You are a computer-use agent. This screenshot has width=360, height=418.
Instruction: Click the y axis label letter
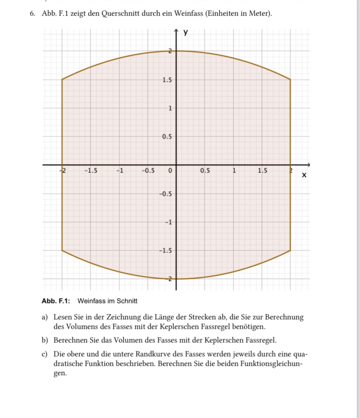tap(186, 32)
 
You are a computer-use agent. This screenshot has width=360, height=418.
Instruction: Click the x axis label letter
tap(304, 175)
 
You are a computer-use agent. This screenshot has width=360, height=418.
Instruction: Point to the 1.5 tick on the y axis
tap(166, 80)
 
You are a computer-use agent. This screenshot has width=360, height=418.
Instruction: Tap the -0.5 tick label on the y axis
tap(165, 194)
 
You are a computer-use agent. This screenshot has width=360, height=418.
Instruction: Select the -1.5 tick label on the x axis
tap(90, 170)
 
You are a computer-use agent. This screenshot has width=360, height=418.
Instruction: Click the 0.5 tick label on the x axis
tap(205, 170)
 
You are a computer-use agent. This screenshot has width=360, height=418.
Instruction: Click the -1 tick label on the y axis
tap(167, 222)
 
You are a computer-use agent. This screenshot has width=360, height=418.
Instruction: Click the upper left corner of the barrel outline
tap(62, 79)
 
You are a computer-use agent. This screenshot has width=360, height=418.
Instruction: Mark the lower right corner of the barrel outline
tap(290, 250)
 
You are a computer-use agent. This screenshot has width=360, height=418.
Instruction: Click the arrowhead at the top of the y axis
tap(176, 31)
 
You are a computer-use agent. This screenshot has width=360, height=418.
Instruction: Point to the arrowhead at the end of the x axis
tap(309, 165)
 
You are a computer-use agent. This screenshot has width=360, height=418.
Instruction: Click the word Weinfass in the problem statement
tap(189, 14)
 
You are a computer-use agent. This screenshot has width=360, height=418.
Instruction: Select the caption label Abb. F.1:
tap(56, 301)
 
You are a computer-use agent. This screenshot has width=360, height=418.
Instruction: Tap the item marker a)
tap(44, 317)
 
